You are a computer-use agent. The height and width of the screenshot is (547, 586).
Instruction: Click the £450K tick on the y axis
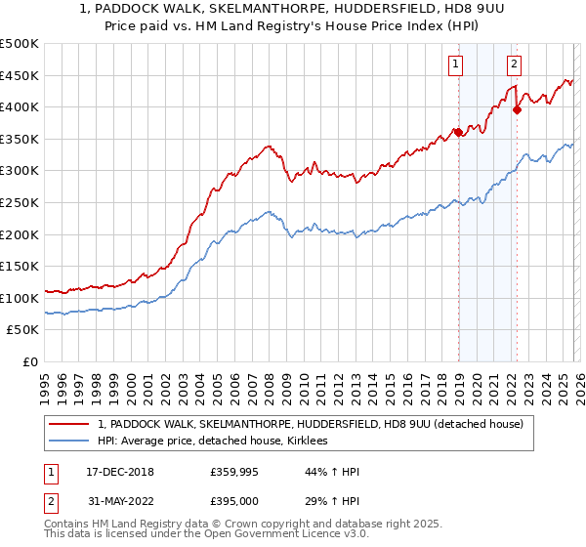pos(20,75)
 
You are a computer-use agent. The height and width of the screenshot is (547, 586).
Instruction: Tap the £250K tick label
pos(20,202)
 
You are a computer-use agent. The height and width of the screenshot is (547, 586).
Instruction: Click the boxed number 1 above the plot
pos(456,65)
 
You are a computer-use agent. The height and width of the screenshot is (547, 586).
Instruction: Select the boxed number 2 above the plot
pos(514,65)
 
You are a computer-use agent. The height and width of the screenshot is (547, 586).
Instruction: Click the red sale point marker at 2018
pos(457,133)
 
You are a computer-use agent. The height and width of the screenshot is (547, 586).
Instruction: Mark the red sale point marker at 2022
pos(517,110)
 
